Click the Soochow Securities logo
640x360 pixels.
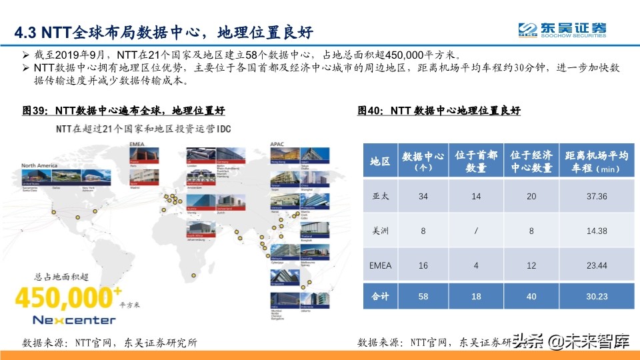click(x=563, y=31)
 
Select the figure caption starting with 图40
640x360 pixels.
click(x=439, y=111)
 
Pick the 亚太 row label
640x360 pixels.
click(x=380, y=196)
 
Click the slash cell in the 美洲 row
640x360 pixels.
click(x=476, y=231)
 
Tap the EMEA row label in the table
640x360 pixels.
click(x=380, y=265)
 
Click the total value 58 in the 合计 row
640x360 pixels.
click(x=423, y=297)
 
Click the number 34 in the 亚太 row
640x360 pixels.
click(x=423, y=196)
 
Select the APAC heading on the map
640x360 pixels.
click(x=277, y=143)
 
